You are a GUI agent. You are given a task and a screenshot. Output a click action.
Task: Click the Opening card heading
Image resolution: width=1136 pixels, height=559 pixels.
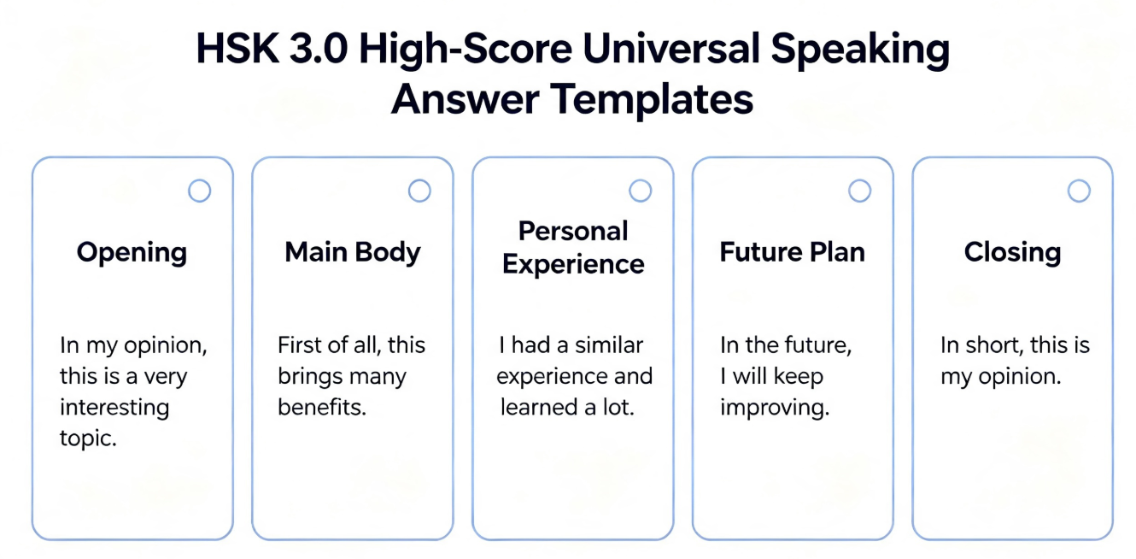coord(132,253)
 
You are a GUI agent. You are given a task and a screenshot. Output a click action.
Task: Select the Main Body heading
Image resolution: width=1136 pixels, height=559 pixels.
coord(353,252)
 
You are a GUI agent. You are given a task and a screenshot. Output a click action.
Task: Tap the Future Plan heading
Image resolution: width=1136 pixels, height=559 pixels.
coord(792,252)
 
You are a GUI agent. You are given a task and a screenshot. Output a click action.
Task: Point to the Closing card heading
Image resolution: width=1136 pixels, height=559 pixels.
coord(1012,253)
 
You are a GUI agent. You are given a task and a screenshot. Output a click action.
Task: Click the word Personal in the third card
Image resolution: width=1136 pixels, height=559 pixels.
coord(573,232)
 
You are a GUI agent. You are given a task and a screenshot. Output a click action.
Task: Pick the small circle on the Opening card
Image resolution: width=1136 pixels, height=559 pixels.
coord(199,191)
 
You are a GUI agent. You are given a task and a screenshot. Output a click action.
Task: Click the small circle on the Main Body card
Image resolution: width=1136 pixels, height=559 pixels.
coord(419,191)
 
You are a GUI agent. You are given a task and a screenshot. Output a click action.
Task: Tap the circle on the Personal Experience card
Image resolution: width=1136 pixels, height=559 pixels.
coord(640,191)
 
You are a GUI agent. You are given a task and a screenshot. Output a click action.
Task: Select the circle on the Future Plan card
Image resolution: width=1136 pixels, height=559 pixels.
coord(859,191)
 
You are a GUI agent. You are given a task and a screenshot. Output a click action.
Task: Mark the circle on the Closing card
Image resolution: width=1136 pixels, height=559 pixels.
coord(1079,191)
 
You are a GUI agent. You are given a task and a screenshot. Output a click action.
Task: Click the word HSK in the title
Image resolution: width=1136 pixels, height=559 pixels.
coord(237,49)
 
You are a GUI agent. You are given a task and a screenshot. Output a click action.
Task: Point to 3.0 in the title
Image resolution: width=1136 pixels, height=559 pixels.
coord(319,49)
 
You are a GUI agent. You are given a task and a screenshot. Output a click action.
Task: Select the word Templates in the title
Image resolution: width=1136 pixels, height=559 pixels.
coord(652,99)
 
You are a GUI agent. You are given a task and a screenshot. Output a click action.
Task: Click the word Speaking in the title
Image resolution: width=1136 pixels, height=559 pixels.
coord(860,50)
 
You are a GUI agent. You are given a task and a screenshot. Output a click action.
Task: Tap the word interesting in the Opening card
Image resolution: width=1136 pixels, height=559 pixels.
coord(114,408)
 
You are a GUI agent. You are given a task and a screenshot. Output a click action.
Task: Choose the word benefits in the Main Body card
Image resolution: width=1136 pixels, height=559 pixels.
coord(322,407)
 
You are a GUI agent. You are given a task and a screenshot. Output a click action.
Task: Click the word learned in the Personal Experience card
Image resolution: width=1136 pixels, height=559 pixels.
coord(538,407)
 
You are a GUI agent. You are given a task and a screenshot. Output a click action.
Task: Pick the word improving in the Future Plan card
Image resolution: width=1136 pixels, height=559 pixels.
coord(775,408)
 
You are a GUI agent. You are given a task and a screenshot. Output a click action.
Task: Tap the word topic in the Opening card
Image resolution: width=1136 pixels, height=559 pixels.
coord(88,438)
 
